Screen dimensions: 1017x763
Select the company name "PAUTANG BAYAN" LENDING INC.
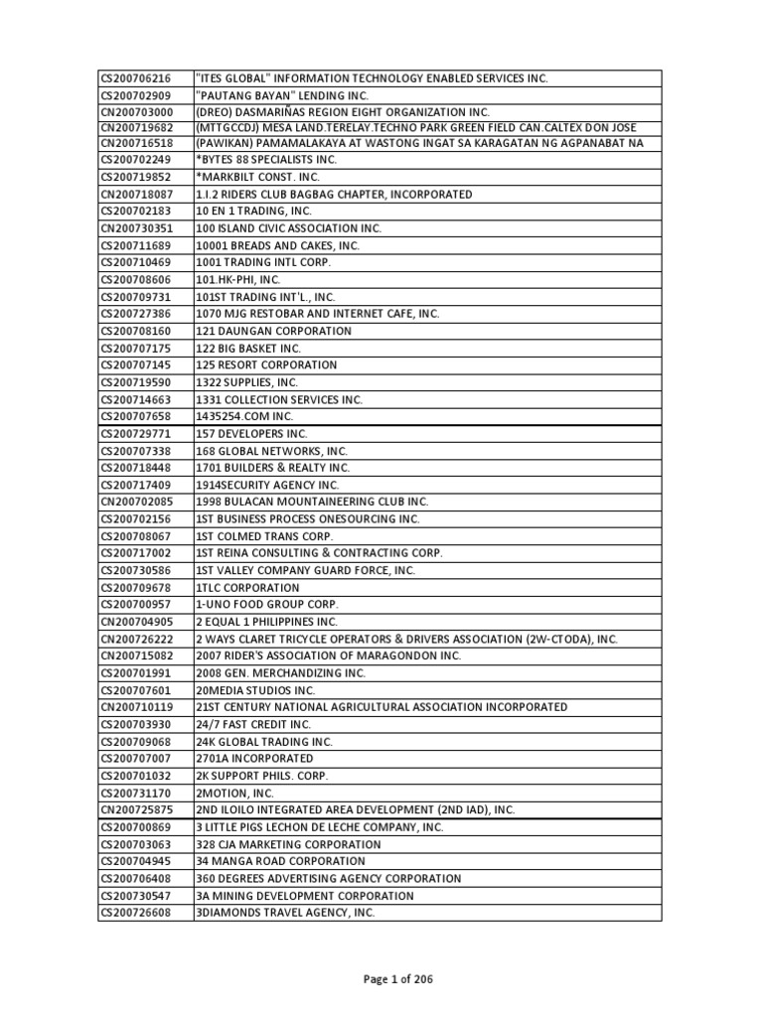[x=282, y=95]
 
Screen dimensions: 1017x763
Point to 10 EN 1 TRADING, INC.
[x=253, y=212]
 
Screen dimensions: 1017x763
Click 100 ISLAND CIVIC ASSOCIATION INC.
[x=288, y=228]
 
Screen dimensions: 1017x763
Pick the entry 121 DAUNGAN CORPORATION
[x=273, y=331]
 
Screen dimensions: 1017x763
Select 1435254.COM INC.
[x=244, y=416]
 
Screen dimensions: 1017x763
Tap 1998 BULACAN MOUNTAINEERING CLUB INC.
[x=312, y=502]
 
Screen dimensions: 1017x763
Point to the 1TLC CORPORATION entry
[x=247, y=587]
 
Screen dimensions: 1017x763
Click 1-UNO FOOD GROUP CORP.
[x=267, y=604]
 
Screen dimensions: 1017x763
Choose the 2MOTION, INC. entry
[x=234, y=793]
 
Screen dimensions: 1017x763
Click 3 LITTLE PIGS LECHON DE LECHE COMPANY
[x=319, y=827]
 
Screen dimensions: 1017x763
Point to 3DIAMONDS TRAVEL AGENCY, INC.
[x=285, y=912]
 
